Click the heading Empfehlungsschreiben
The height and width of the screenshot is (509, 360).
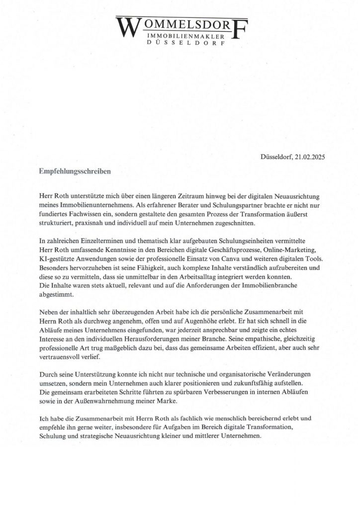[75, 170]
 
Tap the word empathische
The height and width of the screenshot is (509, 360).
[265, 339]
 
